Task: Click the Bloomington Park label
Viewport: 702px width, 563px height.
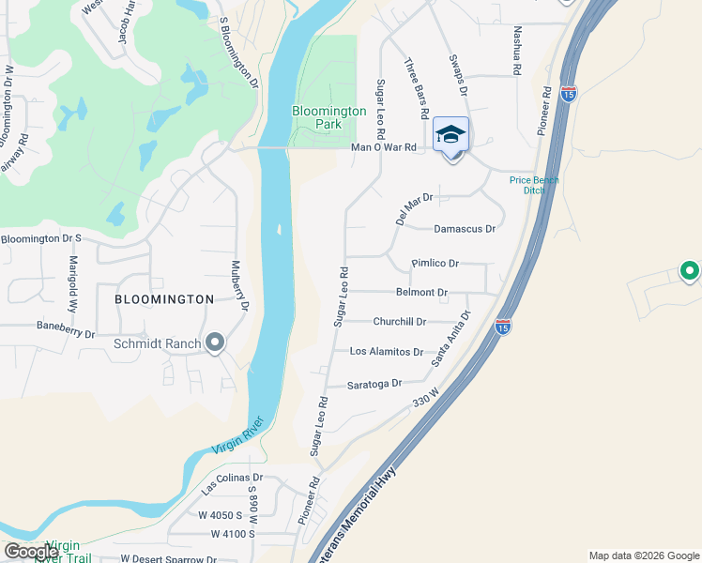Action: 328,117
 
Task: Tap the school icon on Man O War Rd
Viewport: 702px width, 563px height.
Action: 451,136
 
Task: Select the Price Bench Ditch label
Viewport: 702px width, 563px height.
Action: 533,185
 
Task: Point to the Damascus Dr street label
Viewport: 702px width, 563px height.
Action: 464,229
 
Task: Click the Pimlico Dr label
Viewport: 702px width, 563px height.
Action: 435,265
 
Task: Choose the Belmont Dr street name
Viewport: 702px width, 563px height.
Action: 421,293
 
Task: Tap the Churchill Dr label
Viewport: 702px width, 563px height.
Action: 400,322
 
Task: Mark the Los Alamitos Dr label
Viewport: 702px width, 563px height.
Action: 386,352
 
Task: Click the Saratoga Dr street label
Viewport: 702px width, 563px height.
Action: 374,384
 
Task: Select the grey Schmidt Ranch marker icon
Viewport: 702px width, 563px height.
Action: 215,342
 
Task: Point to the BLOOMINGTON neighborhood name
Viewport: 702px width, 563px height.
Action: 164,299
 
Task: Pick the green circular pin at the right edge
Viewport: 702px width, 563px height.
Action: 689,271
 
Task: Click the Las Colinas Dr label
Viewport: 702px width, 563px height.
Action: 232,483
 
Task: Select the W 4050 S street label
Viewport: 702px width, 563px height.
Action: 214,515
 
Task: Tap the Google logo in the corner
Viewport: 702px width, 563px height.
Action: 31,552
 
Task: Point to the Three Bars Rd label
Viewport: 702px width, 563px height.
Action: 417,88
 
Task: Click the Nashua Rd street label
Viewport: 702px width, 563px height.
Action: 516,50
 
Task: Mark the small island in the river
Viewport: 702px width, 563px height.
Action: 279,229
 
